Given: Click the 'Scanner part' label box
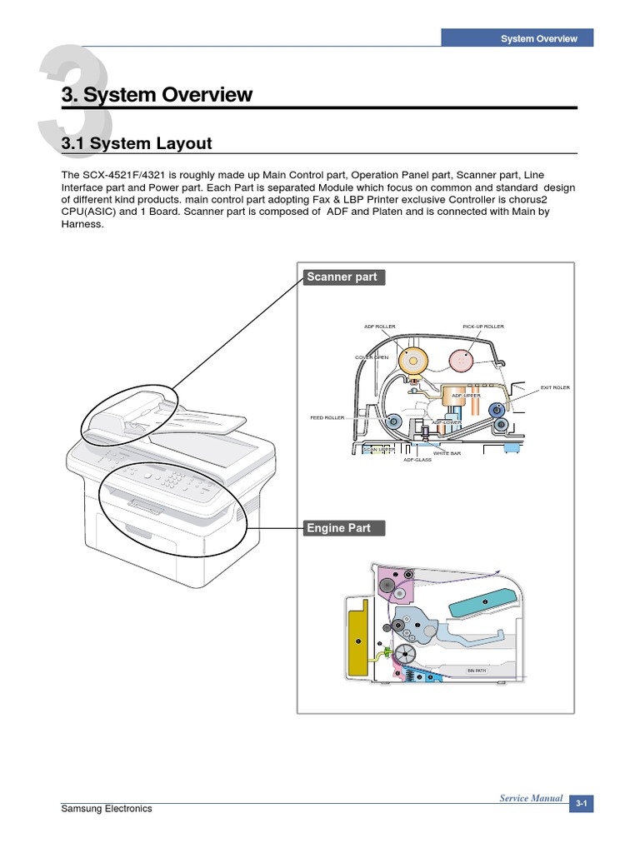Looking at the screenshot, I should [342, 277].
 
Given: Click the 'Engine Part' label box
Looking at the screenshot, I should [339, 528].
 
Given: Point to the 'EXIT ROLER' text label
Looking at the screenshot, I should [555, 387].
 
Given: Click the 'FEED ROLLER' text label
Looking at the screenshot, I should [327, 417].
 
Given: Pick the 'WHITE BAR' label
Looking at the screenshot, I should [447, 453].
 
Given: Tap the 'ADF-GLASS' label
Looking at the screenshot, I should [417, 460].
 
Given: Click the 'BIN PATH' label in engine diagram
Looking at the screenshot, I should [476, 671].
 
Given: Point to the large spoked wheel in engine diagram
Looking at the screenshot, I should [406, 655].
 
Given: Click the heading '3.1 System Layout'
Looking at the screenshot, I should [137, 143].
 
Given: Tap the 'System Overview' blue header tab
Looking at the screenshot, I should [538, 38].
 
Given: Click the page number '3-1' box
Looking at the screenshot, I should [581, 804].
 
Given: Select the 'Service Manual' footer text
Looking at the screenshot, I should [531, 798].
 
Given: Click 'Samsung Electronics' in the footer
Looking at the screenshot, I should [107, 809].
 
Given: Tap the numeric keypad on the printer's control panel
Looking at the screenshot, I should [175, 481].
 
